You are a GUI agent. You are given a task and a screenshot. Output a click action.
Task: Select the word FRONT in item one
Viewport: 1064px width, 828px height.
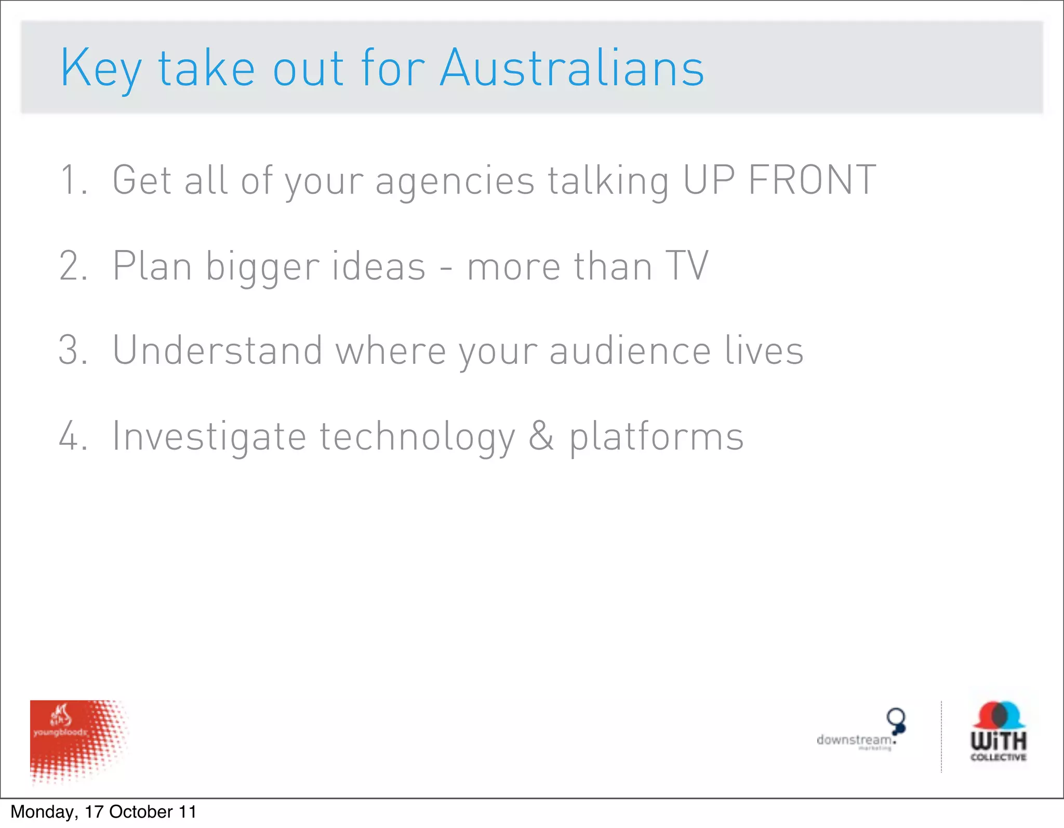[812, 180]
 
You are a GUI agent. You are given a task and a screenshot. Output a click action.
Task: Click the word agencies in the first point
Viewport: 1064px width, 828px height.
[455, 181]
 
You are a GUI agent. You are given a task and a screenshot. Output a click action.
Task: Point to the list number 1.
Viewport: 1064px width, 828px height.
[73, 180]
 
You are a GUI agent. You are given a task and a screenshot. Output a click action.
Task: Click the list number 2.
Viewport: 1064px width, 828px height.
[73, 266]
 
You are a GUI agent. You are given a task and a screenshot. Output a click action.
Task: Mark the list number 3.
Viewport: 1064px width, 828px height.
[73, 350]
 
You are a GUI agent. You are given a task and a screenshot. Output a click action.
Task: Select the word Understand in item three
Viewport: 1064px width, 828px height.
[217, 350]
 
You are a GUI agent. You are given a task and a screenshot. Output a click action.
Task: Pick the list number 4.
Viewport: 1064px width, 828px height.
[73, 436]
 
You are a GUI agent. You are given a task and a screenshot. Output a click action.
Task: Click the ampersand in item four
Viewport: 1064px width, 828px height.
[541, 436]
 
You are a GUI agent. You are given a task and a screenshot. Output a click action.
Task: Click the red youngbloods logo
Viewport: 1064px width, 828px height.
[78, 741]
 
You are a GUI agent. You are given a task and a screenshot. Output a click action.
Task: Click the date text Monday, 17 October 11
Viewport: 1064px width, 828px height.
[103, 812]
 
